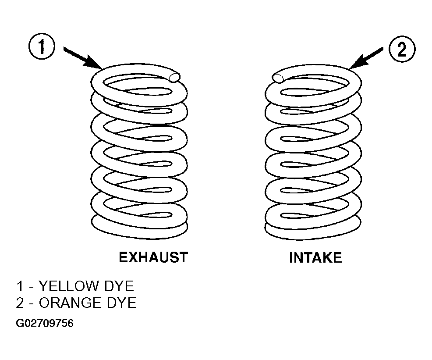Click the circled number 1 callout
coord(42,46)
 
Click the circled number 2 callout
coord(402,50)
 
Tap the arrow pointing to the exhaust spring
coord(83,58)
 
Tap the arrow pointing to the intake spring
coord(366,58)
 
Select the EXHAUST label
coord(153,257)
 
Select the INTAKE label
coord(315,258)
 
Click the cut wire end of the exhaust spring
coord(175,77)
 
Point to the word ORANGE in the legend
coord(70,303)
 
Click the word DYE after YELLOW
coord(119,286)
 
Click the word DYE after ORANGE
coord(121,303)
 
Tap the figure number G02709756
coord(45,323)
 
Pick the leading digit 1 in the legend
coord(20,286)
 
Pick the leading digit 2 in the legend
coord(20,303)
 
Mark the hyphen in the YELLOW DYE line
coord(31,287)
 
